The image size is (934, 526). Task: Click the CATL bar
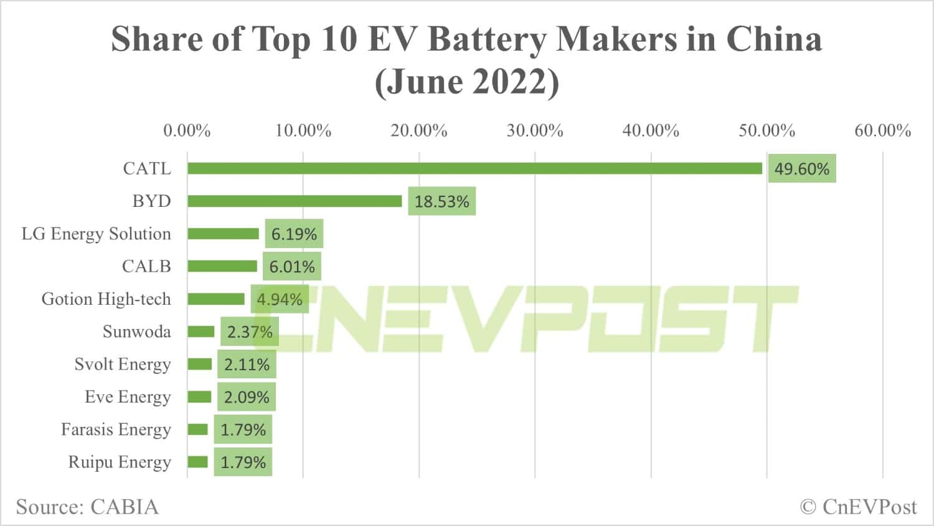tap(474, 168)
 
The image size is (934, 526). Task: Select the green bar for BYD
tap(295, 201)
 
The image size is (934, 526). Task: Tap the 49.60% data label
tap(801, 169)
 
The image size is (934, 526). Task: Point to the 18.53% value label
tap(441, 201)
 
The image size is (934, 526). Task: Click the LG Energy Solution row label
tap(96, 234)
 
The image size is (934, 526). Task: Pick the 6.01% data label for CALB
tap(291, 267)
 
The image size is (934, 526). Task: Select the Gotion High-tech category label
tap(106, 299)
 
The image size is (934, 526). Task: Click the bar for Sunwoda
tap(200, 332)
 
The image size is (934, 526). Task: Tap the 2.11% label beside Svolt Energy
tap(247, 365)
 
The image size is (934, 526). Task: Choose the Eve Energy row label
tap(128, 397)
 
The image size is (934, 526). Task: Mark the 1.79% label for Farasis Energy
tap(243, 430)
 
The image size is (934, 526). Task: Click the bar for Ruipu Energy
tap(197, 462)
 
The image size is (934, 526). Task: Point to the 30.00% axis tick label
tap(535, 131)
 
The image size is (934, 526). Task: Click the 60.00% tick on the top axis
tap(882, 131)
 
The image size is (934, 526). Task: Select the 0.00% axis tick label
tap(187, 131)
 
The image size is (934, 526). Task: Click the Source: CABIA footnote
tap(87, 507)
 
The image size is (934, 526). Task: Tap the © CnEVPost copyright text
tap(858, 507)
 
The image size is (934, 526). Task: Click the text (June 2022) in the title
tap(467, 82)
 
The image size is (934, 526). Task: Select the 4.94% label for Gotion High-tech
tap(280, 299)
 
